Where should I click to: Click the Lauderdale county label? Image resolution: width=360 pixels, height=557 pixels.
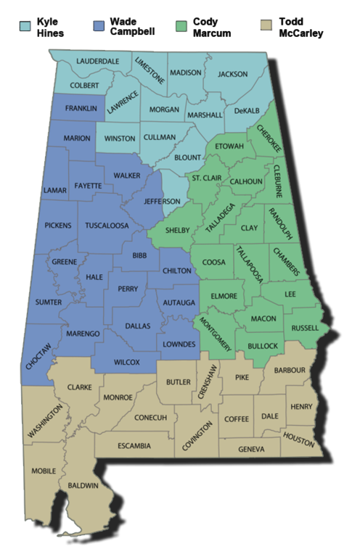(97, 62)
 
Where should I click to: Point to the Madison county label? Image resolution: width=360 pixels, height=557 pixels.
(185, 73)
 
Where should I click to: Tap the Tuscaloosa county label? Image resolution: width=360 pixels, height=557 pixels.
(107, 226)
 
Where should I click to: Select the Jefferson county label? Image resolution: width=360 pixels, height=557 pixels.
(163, 201)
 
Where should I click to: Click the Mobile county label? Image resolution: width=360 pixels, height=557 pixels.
(44, 471)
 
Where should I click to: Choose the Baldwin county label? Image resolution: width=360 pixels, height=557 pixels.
(83, 484)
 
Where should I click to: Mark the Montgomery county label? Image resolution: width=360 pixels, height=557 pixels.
(215, 333)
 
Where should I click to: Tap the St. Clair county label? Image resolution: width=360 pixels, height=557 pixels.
(206, 177)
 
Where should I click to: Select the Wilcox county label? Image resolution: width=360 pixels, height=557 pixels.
(127, 361)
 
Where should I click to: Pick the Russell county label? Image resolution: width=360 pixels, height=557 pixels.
(304, 328)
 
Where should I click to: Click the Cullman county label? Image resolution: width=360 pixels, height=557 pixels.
(159, 137)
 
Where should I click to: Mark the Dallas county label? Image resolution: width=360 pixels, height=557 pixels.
(137, 326)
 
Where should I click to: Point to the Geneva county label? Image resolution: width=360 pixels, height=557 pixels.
(251, 449)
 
